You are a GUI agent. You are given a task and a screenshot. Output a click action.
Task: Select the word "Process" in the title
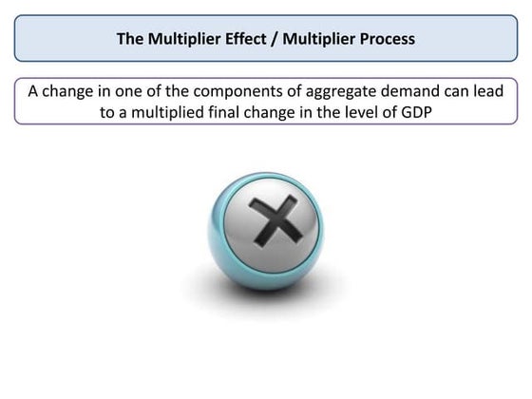383,39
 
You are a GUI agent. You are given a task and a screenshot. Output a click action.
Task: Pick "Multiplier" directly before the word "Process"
312,39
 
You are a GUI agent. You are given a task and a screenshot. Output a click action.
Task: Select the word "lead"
483,91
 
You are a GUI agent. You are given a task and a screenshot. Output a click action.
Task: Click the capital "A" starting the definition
32,91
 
